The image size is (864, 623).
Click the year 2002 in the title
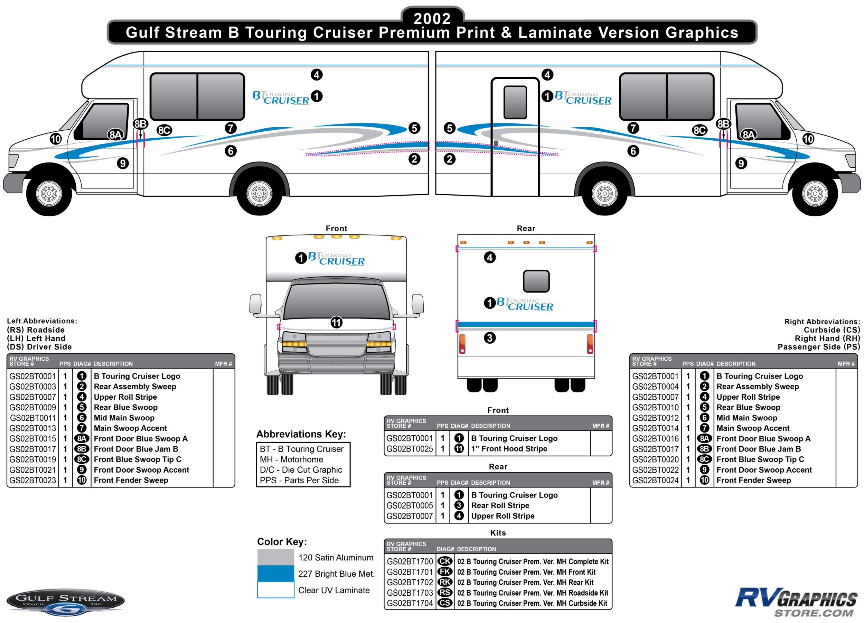tap(432, 18)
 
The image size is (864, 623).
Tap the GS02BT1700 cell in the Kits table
tap(410, 561)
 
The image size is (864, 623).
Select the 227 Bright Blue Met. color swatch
tap(275, 574)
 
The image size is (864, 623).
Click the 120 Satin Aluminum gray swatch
tap(275, 557)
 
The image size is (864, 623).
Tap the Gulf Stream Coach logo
tap(66, 602)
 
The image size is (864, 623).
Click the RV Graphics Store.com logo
tap(796, 602)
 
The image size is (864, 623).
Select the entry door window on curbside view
tap(515, 102)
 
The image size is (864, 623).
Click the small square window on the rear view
tap(536, 281)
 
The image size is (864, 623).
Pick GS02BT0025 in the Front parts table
tap(410, 449)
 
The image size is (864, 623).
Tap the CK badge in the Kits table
tap(444, 561)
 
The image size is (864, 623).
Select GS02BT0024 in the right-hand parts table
tap(655, 481)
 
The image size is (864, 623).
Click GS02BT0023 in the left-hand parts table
tap(33, 481)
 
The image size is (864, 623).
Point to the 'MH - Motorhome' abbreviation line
tap(291, 459)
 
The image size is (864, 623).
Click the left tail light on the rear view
tap(462, 343)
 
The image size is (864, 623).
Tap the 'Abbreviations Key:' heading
tap(301, 434)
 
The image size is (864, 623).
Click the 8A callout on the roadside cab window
tap(115, 134)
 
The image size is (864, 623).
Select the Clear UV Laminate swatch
tap(275, 590)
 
